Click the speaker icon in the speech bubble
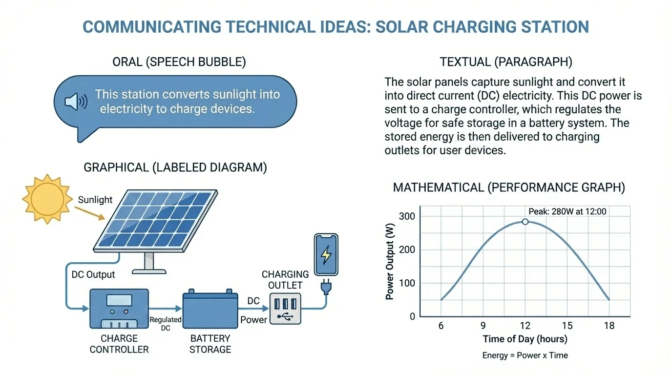[76, 102]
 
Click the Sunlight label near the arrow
[95, 200]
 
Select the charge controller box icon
[119, 309]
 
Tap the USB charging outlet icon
[285, 309]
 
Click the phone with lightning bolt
[326, 255]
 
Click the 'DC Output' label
[93, 274]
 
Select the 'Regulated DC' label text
[166, 324]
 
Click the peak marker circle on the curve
[525, 221]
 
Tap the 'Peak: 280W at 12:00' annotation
[567, 211]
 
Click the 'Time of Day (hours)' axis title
[525, 339]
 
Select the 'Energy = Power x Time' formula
[525, 355]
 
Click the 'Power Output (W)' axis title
[390, 264]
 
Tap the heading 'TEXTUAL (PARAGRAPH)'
[506, 62]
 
